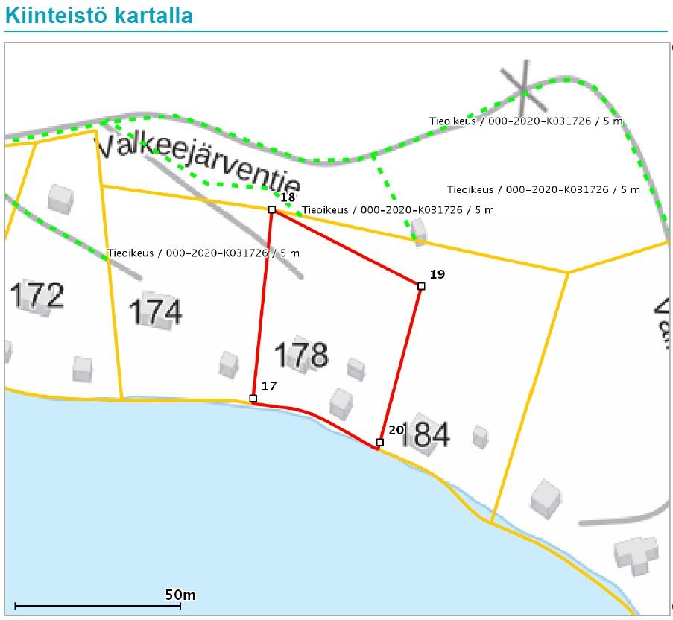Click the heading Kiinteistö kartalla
click(x=98, y=16)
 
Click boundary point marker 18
click(x=272, y=210)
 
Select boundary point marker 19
click(x=421, y=286)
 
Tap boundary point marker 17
click(x=253, y=399)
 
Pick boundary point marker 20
click(x=380, y=443)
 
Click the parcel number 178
click(x=302, y=355)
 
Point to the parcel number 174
click(x=156, y=312)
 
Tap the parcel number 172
click(x=37, y=296)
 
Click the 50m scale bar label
click(x=180, y=595)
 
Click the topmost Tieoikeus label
click(x=525, y=121)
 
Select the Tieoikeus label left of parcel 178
click(x=203, y=253)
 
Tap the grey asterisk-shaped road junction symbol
click(x=524, y=90)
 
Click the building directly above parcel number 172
click(x=60, y=198)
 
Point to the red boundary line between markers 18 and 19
click(x=347, y=248)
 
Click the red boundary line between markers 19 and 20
click(x=401, y=363)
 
